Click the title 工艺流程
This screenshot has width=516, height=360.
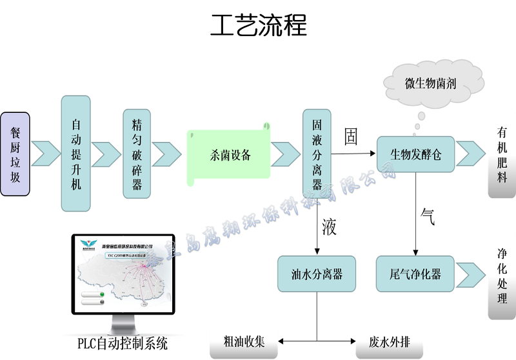[x=258, y=25]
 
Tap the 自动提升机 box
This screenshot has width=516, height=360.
[x=76, y=154]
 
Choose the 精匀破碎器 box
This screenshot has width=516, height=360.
[x=136, y=154]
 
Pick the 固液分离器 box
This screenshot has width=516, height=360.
[x=317, y=154]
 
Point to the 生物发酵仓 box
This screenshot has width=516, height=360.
[x=415, y=154]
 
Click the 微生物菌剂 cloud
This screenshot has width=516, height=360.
[x=430, y=83]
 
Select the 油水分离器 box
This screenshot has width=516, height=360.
[x=317, y=274]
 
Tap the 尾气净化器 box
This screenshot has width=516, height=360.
[x=415, y=274]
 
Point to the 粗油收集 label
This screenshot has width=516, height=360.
[x=243, y=341]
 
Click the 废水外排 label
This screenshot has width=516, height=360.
[x=389, y=341]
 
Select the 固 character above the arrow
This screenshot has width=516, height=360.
[x=351, y=138]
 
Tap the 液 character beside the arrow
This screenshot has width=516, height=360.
[x=329, y=227]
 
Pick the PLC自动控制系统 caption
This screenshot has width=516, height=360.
[x=122, y=343]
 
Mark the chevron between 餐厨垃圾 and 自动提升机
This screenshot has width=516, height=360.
[x=46, y=153]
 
